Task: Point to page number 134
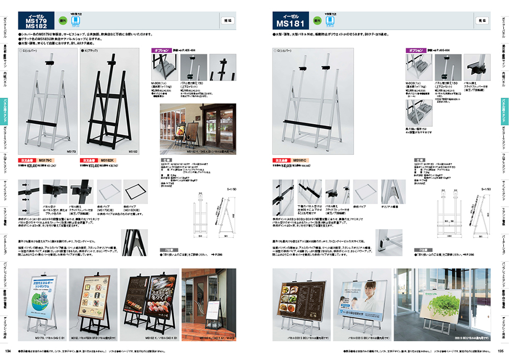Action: (x=8, y=350)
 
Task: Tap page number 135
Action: (x=501, y=350)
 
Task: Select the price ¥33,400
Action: (x=99, y=165)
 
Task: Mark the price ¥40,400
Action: (x=292, y=165)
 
